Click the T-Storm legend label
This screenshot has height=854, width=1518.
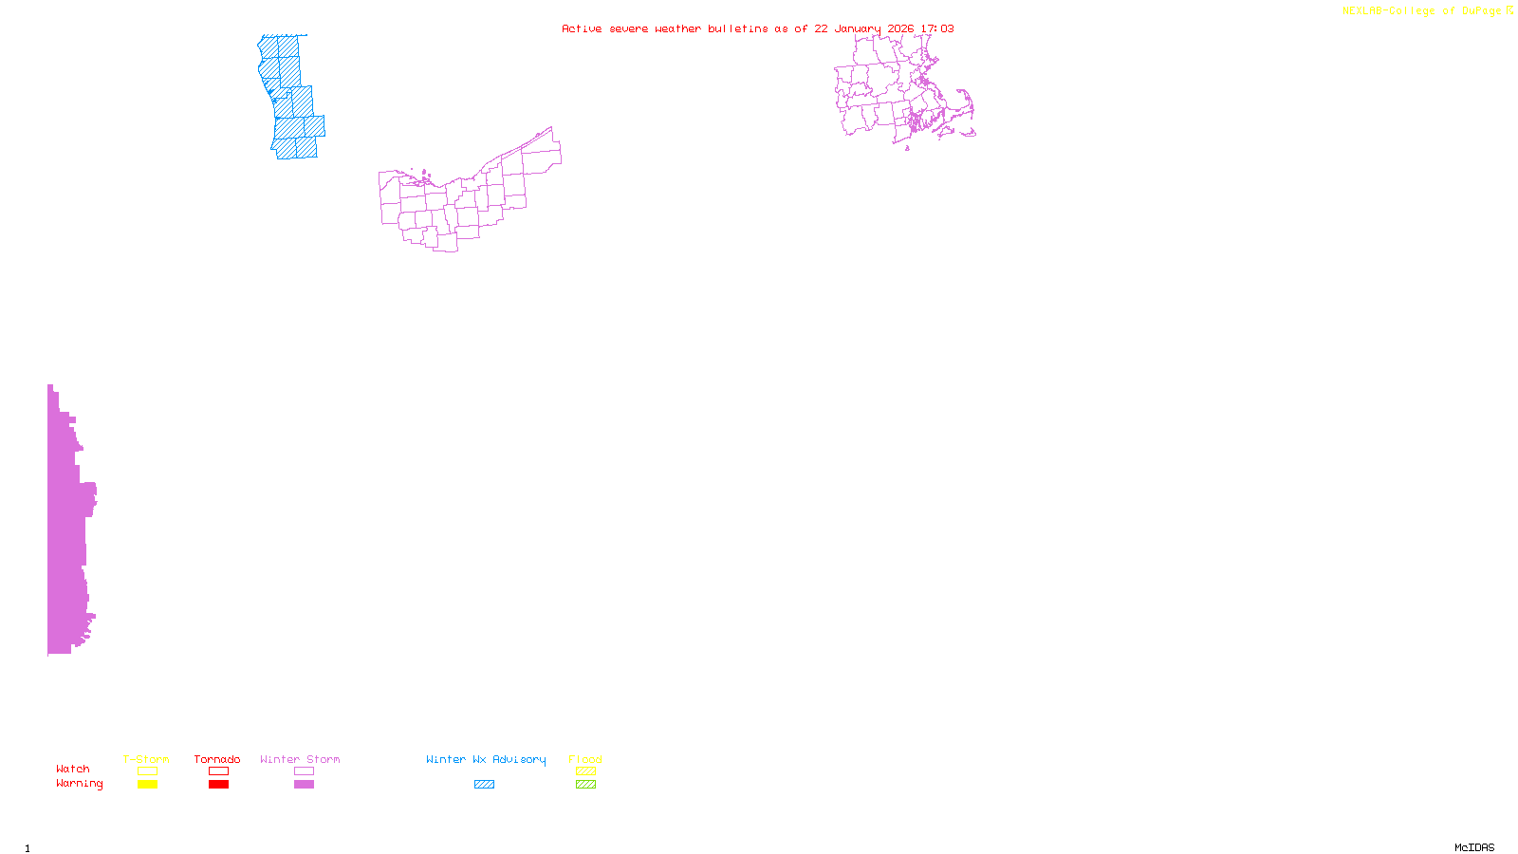146,759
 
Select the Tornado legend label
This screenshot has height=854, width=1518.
217,759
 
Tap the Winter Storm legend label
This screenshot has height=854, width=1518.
300,759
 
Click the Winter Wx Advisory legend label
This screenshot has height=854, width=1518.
486,759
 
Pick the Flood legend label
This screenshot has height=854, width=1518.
585,759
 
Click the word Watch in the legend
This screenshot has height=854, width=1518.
73,769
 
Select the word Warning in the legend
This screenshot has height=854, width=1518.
79,784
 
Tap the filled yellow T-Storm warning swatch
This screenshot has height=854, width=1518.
147,785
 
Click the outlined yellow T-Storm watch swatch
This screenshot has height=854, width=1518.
147,771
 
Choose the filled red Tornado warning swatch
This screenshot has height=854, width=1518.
218,785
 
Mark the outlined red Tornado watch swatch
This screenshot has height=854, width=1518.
218,771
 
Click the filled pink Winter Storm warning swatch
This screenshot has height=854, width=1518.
304,785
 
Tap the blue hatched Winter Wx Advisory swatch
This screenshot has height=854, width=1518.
484,785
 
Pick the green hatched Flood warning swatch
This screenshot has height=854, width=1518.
585,785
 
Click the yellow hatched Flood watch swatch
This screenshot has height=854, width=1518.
585,771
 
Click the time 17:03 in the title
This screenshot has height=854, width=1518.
937,28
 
